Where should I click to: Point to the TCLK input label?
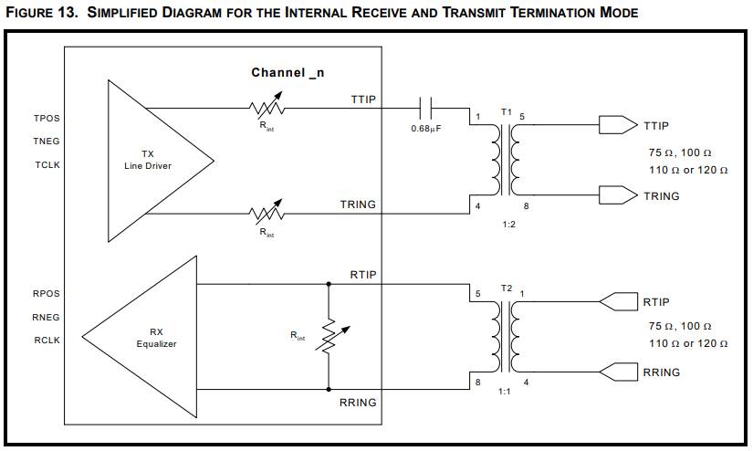tap(47, 166)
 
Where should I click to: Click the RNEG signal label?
tap(47, 317)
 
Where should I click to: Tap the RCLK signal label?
tap(47, 340)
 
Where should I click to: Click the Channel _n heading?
tap(288, 72)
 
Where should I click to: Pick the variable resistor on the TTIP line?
tap(267, 108)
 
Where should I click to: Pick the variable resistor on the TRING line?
tap(267, 214)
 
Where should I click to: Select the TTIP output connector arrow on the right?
tap(616, 124)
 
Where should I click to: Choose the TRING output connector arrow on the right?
tap(616, 194)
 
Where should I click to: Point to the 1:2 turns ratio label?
tap(508, 224)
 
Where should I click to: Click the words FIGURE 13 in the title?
tap(40, 13)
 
